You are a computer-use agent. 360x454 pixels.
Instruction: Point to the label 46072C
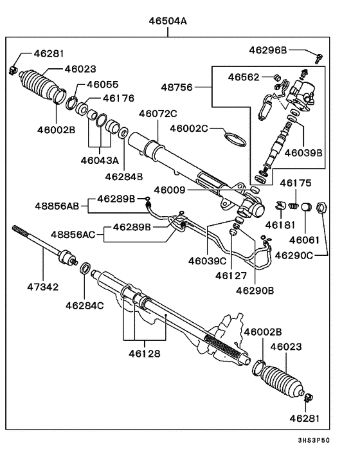[x=157, y=114]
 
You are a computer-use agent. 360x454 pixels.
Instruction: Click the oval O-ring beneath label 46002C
[x=236, y=139]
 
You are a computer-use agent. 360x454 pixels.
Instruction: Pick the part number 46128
[x=144, y=353]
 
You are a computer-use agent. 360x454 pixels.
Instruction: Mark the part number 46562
[x=244, y=77]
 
